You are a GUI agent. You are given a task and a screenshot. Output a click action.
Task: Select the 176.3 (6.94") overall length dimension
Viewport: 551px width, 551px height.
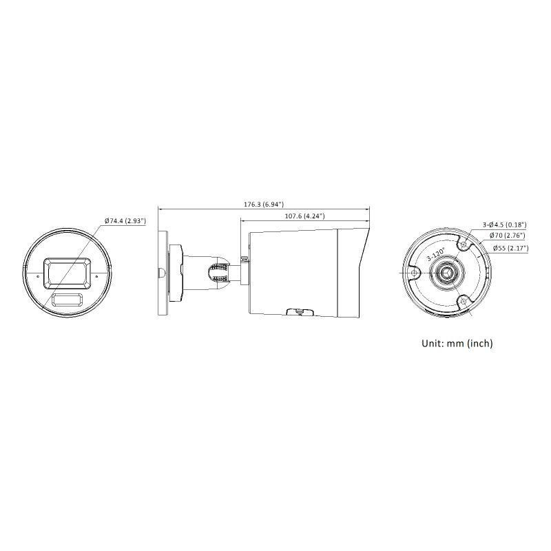coord(264,205)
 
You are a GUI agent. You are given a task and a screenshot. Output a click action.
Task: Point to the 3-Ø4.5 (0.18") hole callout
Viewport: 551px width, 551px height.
coord(504,224)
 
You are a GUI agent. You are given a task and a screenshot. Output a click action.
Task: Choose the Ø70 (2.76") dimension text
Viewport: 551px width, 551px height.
coord(507,236)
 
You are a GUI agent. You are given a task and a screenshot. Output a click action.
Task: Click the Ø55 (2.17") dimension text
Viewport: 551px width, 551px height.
coord(508,248)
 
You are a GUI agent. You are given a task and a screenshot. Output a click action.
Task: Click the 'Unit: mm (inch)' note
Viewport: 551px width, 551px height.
coord(457,343)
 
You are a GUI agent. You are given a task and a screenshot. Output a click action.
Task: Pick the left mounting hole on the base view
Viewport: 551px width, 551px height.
coord(413,273)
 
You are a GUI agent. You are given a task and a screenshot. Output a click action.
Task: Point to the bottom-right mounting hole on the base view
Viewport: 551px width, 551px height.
coord(464,301)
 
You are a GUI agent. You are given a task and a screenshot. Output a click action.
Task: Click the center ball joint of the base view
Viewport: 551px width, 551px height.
coord(446,273)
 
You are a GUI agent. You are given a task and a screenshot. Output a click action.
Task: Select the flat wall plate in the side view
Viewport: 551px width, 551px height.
coord(163,273)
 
